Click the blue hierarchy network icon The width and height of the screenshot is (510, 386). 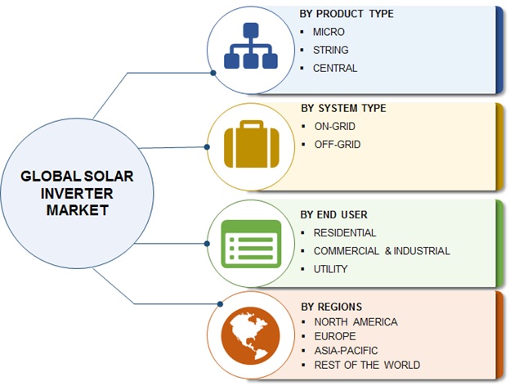tap(251, 46)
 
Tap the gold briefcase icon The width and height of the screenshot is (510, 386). tap(252, 144)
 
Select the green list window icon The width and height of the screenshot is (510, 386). tap(251, 244)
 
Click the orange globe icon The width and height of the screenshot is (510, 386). tap(250, 335)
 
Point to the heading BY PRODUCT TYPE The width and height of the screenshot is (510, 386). tap(347, 14)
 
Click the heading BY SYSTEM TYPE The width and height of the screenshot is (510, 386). tap(343, 108)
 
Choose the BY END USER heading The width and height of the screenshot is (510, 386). tap(333, 215)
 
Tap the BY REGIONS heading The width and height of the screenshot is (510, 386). tap(332, 307)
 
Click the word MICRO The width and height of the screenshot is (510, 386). tap(329, 32)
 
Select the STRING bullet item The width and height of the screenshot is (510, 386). tap(330, 50)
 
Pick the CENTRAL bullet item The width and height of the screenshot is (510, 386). tap(335, 69)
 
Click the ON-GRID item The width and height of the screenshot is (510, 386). tap(335, 126)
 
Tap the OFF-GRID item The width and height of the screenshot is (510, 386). tap(338, 145)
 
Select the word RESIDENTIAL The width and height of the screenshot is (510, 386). tap(345, 233)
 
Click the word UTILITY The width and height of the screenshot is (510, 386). tap(330, 269)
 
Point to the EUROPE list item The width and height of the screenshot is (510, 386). tap(335, 336)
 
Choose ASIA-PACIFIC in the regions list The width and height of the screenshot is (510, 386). tap(346, 351)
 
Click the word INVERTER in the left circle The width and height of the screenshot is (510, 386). tap(77, 194)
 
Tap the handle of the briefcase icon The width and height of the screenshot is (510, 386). tap(252, 124)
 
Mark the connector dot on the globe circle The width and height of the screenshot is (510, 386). tap(220, 304)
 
